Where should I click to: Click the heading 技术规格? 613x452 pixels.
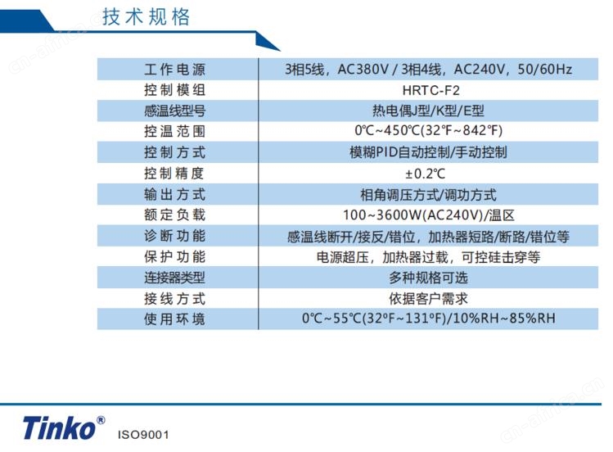[146, 17]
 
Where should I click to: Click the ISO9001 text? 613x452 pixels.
[143, 435]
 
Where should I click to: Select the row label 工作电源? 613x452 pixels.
[174, 70]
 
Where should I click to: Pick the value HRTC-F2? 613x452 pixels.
[430, 90]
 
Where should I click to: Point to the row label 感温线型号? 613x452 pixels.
[174, 111]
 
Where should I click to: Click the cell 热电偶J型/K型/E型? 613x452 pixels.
[428, 111]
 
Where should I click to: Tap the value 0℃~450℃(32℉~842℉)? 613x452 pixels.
[429, 130]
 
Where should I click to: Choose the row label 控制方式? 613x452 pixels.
[174, 152]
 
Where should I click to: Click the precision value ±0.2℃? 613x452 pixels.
[425, 174]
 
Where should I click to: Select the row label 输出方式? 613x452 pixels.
[174, 194]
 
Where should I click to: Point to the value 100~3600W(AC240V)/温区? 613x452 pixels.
[429, 215]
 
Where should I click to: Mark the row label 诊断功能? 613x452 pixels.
[174, 236]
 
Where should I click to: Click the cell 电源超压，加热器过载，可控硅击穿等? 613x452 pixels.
[429, 257]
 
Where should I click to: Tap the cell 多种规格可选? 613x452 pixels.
[428, 278]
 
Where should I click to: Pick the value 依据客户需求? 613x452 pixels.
[428, 299]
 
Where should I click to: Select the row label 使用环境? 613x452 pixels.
[174, 319]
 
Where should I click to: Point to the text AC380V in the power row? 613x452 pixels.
[363, 70]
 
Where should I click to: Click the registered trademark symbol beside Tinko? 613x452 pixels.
[101, 420]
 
